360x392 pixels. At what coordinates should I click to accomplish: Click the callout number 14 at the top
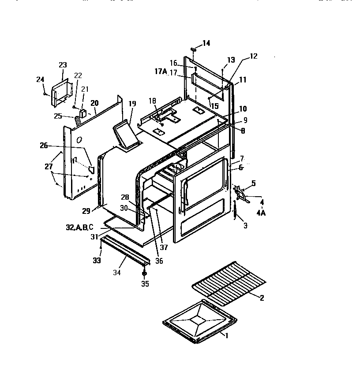pos(206,43)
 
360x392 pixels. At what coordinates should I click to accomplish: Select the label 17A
pos(161,72)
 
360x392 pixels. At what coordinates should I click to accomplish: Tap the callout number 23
pos(63,65)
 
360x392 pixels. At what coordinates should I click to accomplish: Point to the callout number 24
pos(40,79)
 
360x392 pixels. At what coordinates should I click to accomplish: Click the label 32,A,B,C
pos(79,228)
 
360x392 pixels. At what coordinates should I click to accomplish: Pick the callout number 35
pos(145,284)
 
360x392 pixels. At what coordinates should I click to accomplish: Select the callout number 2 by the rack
pos(262,298)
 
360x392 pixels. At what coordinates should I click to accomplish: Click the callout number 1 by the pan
pos(227,336)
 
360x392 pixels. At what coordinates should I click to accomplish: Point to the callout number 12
pos(253,56)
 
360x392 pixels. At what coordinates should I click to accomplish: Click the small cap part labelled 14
pos(193,49)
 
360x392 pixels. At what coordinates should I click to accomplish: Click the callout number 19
pos(132,104)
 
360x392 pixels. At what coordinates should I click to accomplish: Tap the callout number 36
pos(159,261)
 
